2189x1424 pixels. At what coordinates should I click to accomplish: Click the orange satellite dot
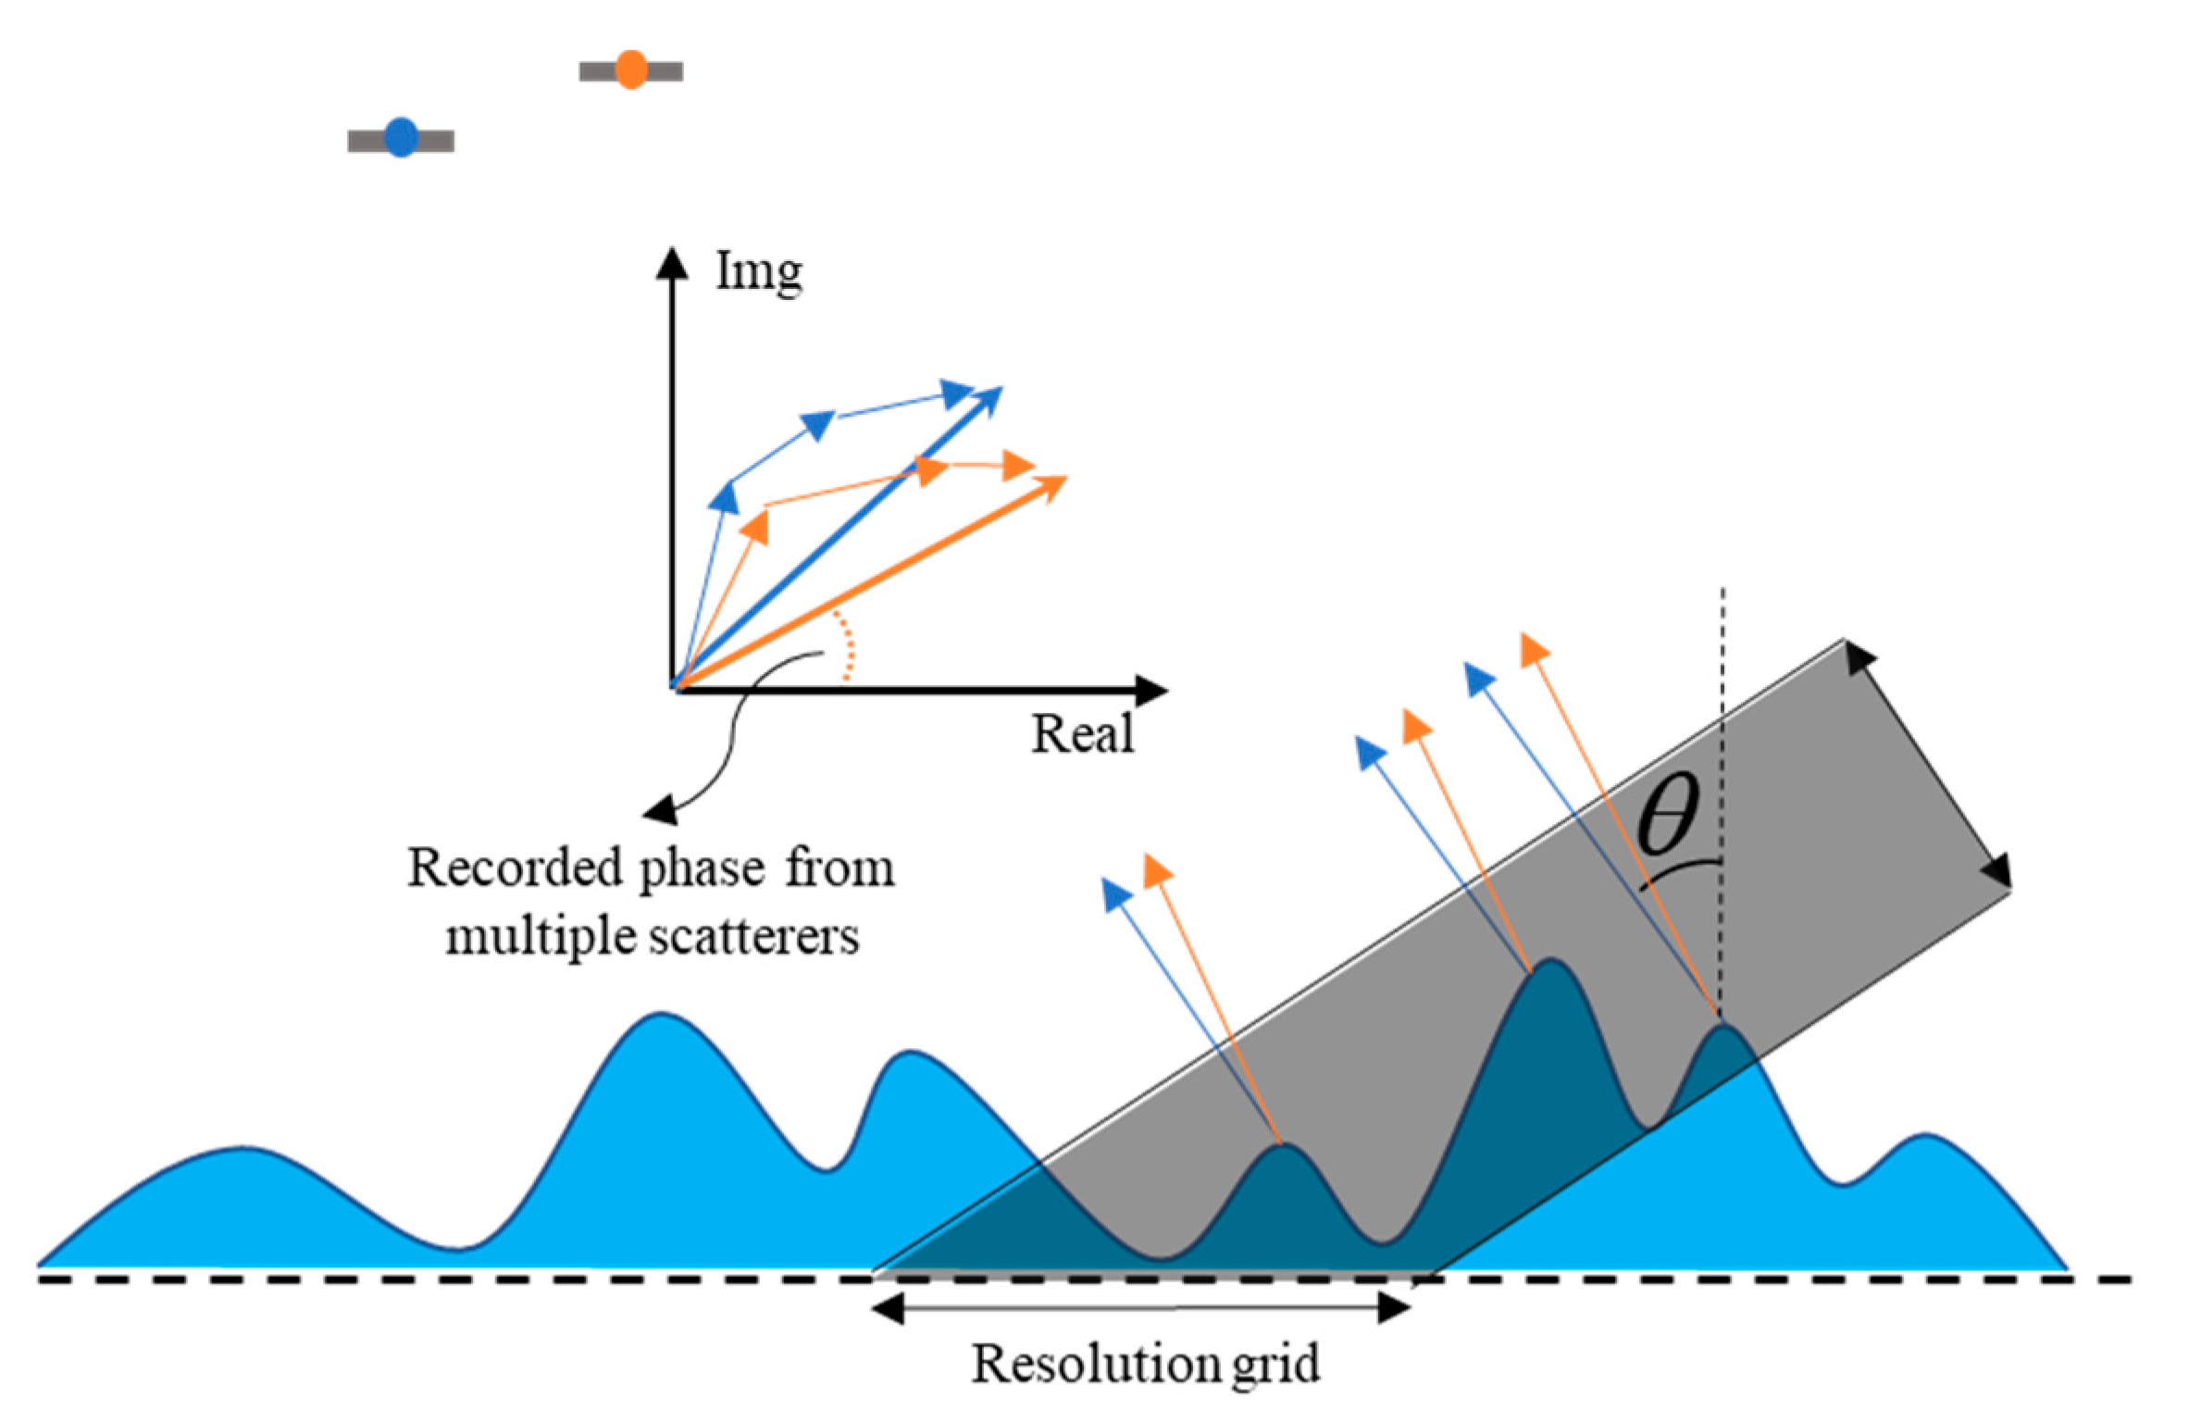tap(631, 69)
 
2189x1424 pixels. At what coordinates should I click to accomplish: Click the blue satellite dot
tap(401, 138)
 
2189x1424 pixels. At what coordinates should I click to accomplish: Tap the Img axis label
tap(759, 273)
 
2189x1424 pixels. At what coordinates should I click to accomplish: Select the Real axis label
tap(1082, 734)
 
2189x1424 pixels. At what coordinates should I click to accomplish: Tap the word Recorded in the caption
tap(515, 868)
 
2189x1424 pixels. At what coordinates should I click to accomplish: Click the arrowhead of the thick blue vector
tap(989, 399)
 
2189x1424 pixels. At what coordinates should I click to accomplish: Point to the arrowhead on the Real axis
tap(1151, 690)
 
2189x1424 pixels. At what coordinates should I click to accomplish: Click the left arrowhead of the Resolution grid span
tap(889, 1308)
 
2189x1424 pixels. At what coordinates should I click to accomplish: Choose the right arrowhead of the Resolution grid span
tap(1394, 1308)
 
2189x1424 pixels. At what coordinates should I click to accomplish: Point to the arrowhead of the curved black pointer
tap(659, 812)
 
